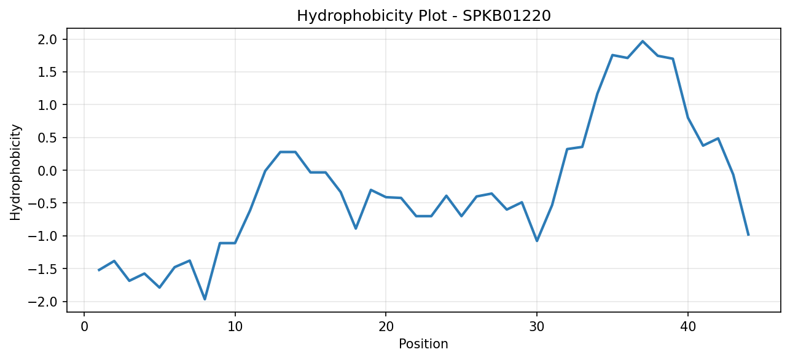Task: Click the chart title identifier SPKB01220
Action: point(506,16)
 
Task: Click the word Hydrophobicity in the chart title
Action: point(354,17)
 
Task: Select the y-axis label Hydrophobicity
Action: point(15,173)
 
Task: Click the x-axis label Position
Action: point(423,344)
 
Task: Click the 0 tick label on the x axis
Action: point(84,326)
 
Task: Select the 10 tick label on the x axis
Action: point(235,326)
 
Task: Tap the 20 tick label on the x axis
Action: point(386,326)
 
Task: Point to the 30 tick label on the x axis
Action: point(537,326)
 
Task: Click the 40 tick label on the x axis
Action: point(688,326)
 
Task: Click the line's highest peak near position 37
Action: point(643,41)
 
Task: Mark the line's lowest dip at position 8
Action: point(205,299)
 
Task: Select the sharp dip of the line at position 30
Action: point(537,241)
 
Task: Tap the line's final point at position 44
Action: point(748,235)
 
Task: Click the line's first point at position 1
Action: point(99,270)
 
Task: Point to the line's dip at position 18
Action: point(356,229)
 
